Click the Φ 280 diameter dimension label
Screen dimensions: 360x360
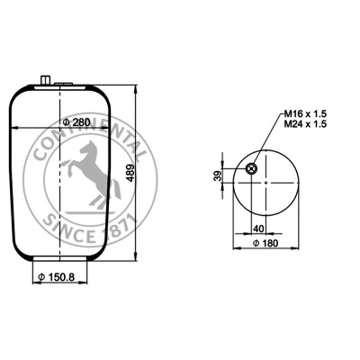coord(76,122)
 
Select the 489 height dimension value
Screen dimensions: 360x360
coord(131,173)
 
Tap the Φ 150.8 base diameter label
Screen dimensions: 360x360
coord(56,277)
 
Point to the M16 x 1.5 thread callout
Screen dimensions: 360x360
coord(305,114)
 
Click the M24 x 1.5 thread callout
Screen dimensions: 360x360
coord(305,124)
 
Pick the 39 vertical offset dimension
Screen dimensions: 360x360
coord(218,175)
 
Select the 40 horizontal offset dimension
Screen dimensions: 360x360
coord(258,229)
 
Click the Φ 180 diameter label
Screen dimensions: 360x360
coord(265,243)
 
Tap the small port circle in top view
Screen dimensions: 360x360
coord(251,169)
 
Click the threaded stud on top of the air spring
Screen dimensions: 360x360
coord(45,81)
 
